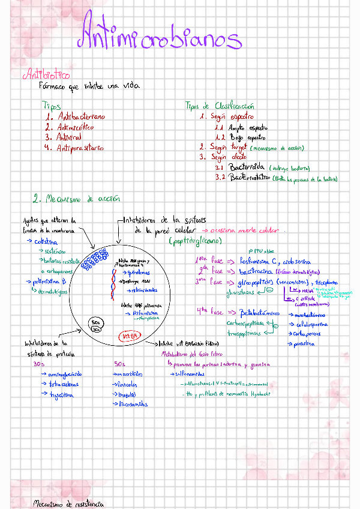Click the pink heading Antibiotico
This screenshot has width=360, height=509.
pos(46,76)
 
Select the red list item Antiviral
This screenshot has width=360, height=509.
pos(69,137)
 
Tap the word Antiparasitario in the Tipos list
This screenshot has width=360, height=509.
pos(79,148)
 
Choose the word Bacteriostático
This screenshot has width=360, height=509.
pos(249,178)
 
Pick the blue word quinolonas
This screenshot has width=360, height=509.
pos(137,271)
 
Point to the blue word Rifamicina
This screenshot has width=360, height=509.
pos(146,313)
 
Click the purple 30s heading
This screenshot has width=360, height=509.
pos(39,364)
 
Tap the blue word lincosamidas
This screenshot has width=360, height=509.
pos(133,404)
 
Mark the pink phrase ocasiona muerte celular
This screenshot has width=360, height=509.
pos(247,230)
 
